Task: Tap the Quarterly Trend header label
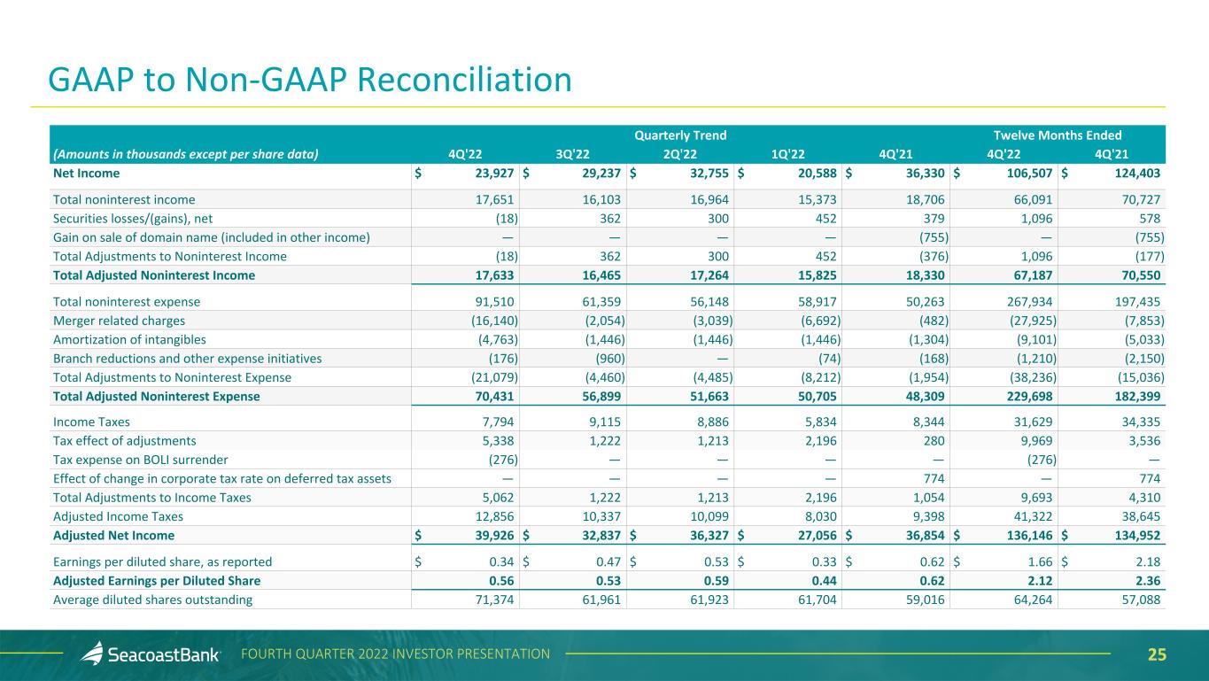[x=680, y=135]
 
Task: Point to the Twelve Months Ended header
[x=1058, y=135]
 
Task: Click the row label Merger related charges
[x=120, y=321]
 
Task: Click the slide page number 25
[x=1157, y=655]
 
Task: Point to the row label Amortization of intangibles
[x=129, y=339]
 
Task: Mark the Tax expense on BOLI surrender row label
[x=141, y=459]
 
